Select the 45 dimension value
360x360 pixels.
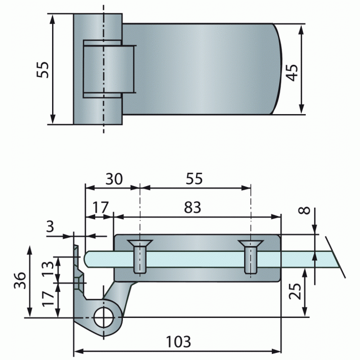coord(292,70)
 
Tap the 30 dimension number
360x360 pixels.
coord(114,179)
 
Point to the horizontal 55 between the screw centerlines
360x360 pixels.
coord(194,179)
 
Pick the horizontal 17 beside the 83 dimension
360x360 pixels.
coord(100,208)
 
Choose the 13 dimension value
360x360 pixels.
coord(49,268)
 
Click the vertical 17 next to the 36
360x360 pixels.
coord(49,299)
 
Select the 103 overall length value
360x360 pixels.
coord(178,342)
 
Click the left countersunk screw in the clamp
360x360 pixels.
coord(141,256)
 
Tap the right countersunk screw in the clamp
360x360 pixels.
coord(250,256)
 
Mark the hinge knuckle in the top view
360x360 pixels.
coord(109,69)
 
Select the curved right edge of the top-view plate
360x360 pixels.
coord(279,69)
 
